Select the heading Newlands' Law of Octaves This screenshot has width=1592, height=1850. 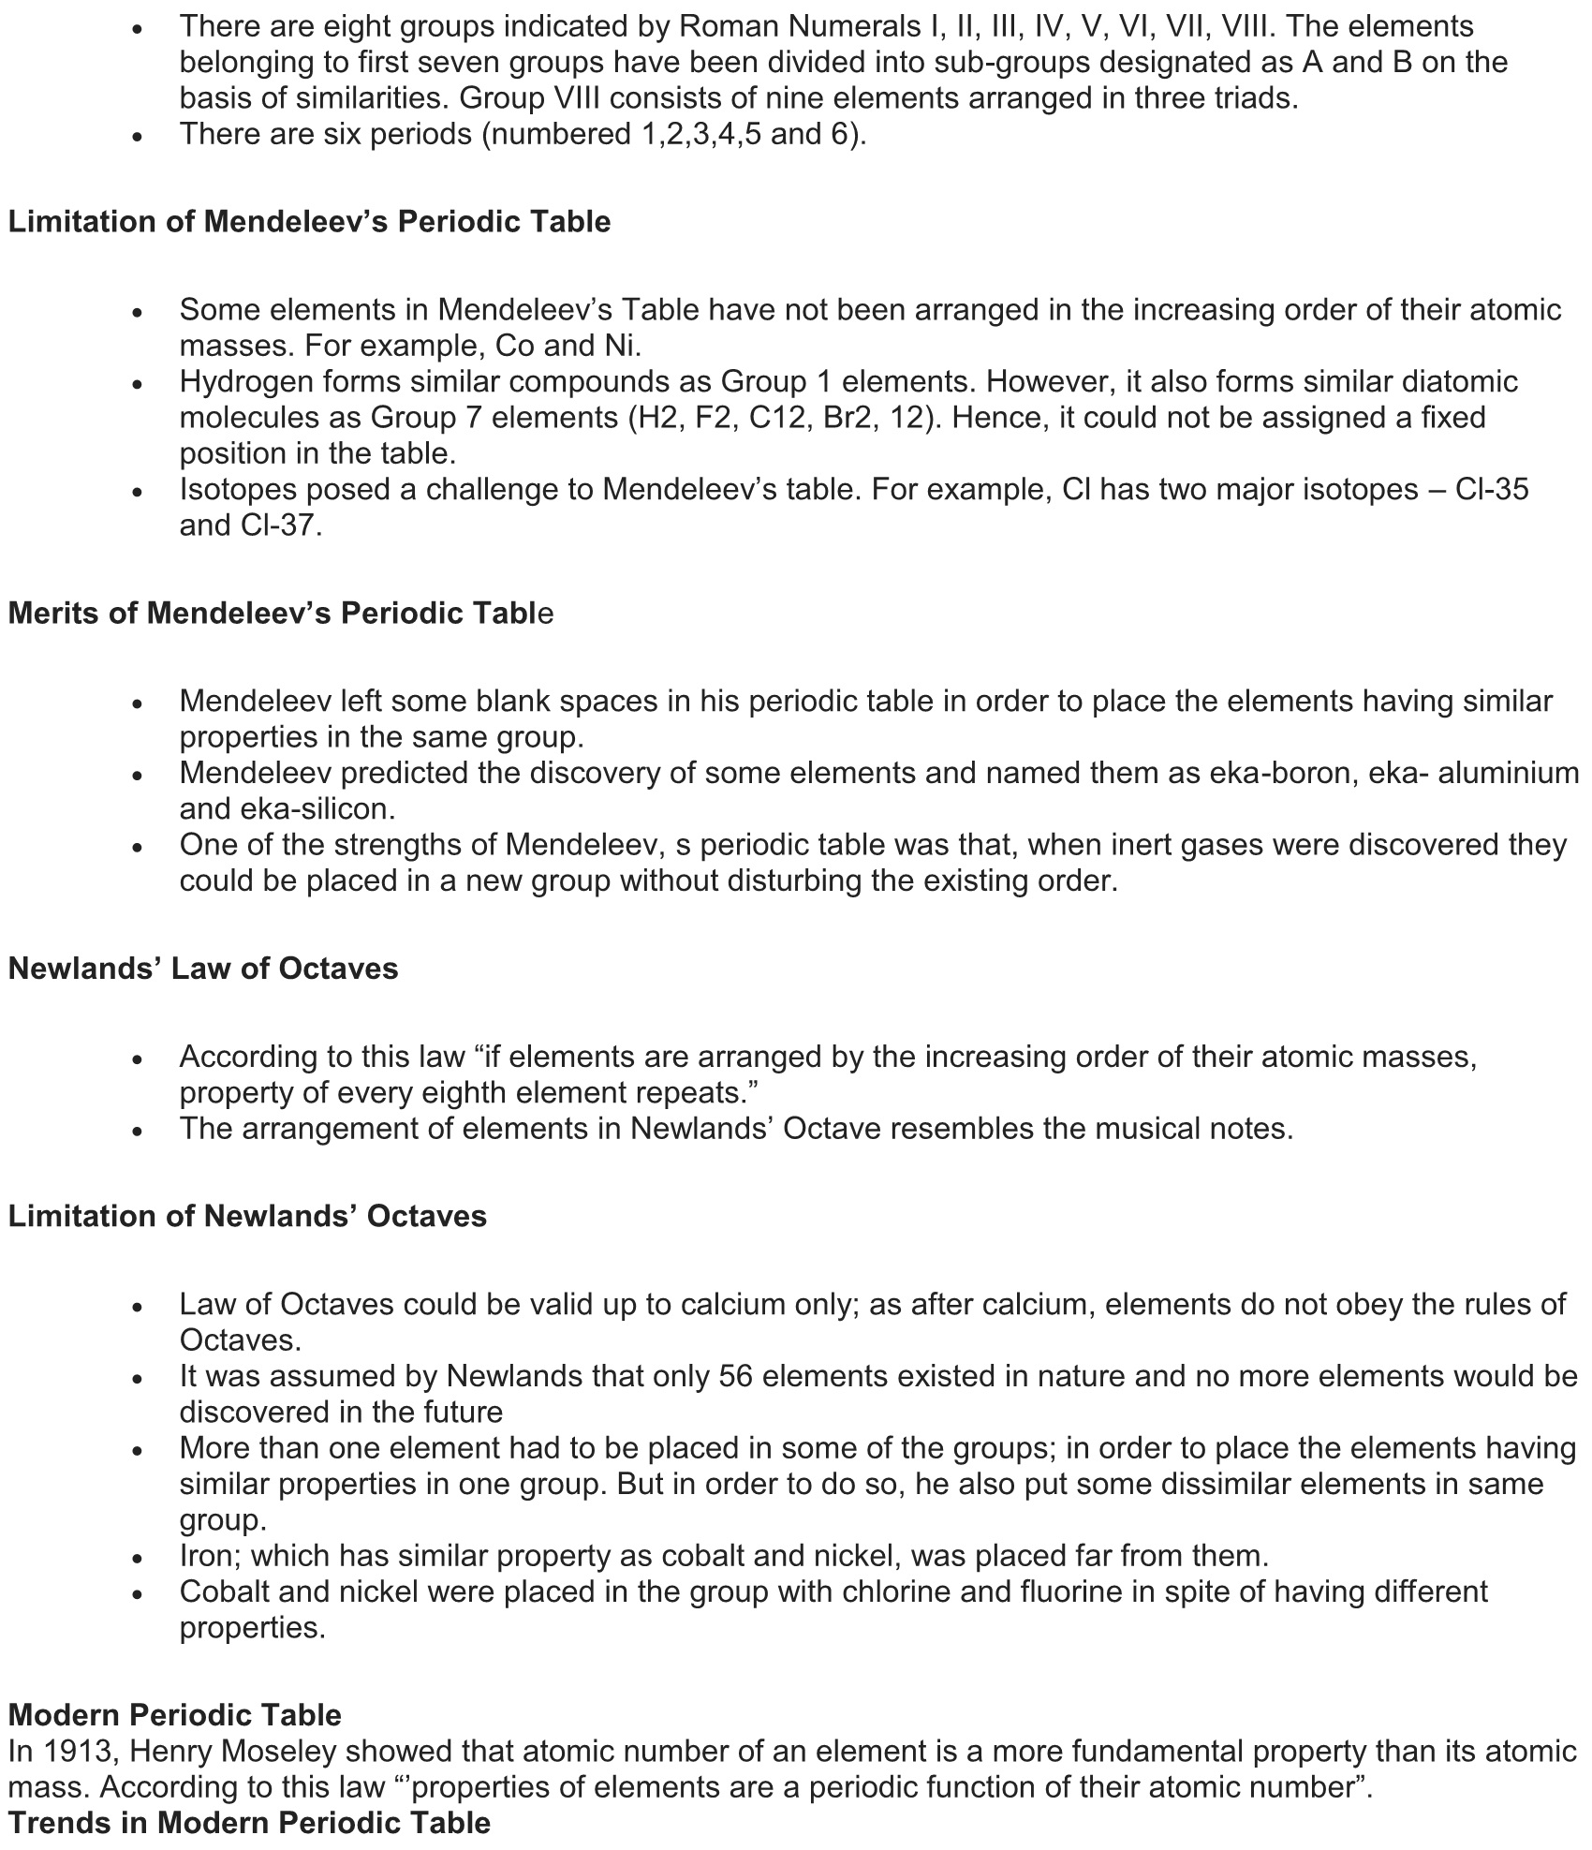203,968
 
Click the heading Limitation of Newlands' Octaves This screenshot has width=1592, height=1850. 247,1216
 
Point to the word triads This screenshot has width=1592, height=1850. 1250,98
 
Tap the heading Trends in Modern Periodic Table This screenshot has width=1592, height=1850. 249,1823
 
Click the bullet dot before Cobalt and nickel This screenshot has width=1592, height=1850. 138,1593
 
